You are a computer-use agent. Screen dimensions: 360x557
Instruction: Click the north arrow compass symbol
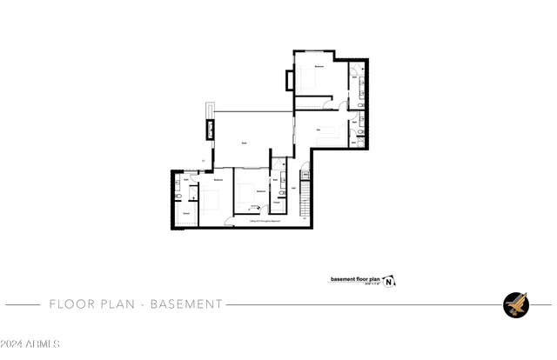tap(390, 281)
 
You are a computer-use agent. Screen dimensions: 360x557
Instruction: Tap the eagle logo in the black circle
tap(515, 304)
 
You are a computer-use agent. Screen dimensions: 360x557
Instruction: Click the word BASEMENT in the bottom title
tap(187, 304)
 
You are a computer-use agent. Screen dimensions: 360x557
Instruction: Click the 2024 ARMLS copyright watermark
tap(30, 343)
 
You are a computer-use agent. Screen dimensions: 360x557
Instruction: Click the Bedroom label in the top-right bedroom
tap(319, 66)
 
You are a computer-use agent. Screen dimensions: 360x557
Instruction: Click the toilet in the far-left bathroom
tap(177, 192)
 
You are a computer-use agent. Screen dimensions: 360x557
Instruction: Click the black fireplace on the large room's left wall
tap(209, 131)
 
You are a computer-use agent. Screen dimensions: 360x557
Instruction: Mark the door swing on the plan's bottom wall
tap(228, 223)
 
